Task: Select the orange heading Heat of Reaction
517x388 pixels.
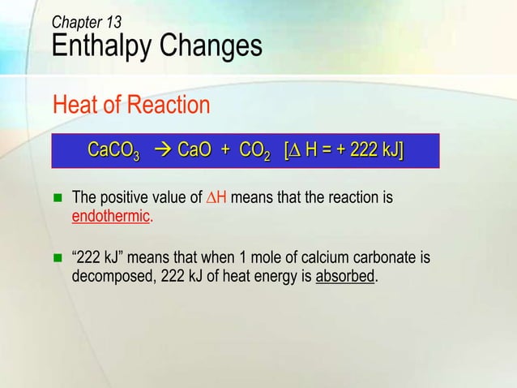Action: pyautogui.click(x=130, y=106)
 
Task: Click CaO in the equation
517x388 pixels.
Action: pyautogui.click(x=194, y=151)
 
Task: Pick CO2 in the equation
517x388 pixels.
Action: pyautogui.click(x=254, y=152)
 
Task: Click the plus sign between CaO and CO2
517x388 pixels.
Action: pyautogui.click(x=224, y=151)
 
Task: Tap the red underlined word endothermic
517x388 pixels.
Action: pyautogui.click(x=111, y=217)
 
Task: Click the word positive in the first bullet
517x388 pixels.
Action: pyautogui.click(x=123, y=198)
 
